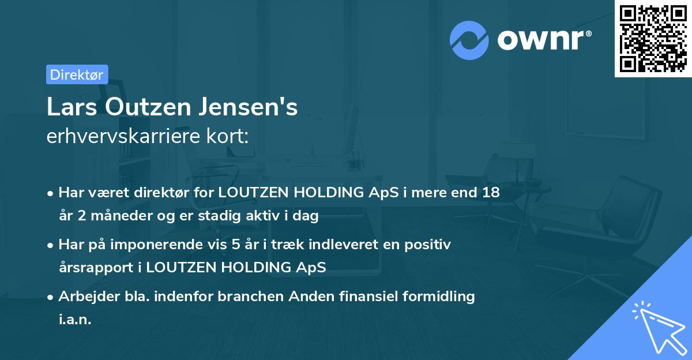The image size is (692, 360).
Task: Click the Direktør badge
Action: click(77, 74)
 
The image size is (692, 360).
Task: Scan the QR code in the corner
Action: click(652, 38)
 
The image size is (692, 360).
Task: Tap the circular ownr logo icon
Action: click(469, 40)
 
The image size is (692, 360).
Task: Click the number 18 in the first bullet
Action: click(491, 193)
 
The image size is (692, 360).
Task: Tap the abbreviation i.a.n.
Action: click(75, 319)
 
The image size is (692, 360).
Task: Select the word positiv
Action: click(430, 244)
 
